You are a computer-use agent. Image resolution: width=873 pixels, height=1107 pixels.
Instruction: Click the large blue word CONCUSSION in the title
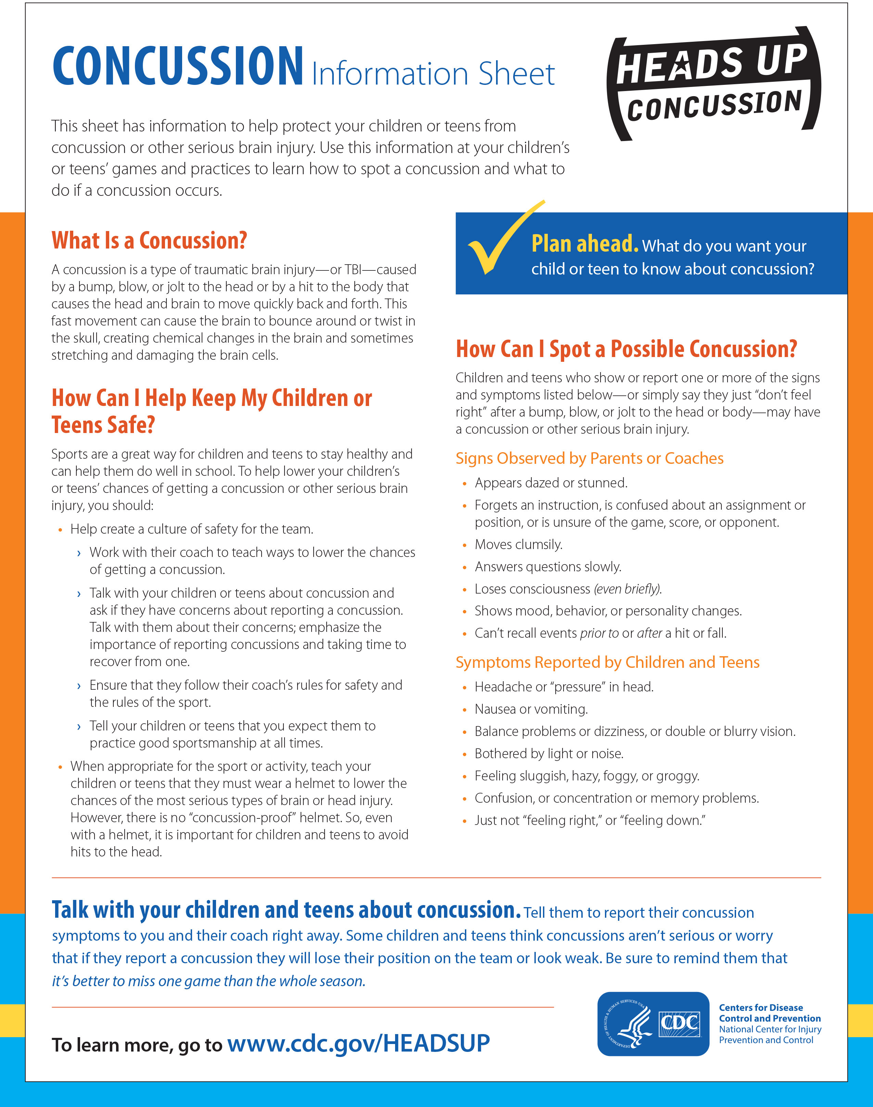tap(178, 66)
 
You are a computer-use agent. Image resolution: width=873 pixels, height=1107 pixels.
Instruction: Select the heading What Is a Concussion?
tap(149, 240)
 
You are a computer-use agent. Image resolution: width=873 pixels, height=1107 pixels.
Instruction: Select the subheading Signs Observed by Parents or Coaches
tap(589, 458)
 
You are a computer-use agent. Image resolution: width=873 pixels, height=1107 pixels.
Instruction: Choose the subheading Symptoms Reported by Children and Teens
tap(607, 662)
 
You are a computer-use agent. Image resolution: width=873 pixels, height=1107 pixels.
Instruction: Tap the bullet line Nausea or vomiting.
tap(531, 709)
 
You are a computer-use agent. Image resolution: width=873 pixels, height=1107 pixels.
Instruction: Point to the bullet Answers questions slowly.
tap(548, 567)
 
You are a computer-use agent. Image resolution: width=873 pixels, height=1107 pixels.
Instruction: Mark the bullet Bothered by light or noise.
tap(549, 754)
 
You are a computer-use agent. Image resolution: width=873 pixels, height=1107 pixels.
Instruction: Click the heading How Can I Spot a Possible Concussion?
tap(626, 349)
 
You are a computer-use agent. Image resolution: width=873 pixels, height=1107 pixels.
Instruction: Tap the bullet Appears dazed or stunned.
tap(551, 483)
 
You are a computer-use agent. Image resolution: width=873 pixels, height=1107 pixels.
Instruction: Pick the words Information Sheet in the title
tap(433, 74)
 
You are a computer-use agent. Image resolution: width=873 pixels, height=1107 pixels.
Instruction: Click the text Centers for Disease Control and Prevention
tap(769, 1013)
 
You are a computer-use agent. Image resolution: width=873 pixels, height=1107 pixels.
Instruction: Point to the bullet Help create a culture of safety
tap(192, 529)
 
